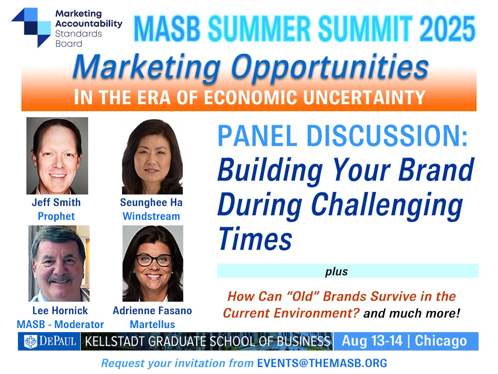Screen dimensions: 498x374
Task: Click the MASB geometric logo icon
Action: (31, 27)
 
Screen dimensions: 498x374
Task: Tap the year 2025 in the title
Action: (447, 28)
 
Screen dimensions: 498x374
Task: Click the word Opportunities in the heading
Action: (330, 67)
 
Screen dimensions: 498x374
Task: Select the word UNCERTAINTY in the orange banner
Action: (365, 97)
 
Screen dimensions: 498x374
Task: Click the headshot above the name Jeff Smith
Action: (57, 156)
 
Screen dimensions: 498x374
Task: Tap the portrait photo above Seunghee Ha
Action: (152, 157)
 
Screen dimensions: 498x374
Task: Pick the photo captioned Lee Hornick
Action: (59, 263)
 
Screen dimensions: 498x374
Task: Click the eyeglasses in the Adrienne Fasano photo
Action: (154, 260)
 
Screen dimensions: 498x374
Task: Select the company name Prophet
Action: (56, 216)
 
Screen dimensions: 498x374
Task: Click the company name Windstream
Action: (151, 216)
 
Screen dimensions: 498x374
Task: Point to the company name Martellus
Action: (152, 325)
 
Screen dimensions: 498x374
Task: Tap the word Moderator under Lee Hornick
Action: (79, 325)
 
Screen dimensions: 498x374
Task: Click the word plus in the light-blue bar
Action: (336, 272)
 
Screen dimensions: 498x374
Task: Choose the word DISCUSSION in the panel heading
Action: (387, 136)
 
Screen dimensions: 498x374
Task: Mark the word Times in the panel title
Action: (255, 239)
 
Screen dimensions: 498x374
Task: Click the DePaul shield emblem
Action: (31, 342)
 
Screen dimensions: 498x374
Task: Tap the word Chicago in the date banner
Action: (441, 341)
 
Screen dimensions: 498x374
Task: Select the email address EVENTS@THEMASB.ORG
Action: (322, 363)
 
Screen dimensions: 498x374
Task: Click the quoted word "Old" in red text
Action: (303, 296)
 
